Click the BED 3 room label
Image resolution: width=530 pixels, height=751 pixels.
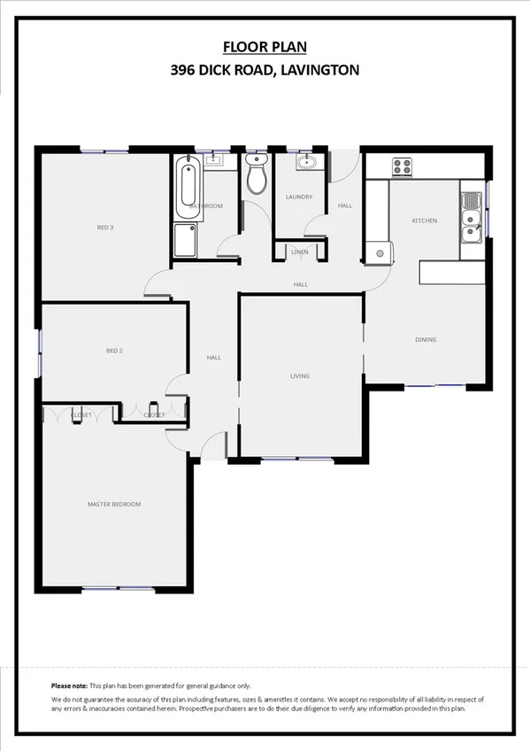105,228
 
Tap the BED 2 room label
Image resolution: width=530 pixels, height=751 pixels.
114,351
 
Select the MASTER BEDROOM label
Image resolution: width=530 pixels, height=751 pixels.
114,504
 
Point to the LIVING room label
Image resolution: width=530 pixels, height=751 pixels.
300,376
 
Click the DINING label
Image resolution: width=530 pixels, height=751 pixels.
426,339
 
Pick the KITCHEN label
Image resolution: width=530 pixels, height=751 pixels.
425,221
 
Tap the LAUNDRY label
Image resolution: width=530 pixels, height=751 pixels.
299,197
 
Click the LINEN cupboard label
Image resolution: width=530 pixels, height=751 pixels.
300,252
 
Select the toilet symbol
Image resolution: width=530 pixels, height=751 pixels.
257,175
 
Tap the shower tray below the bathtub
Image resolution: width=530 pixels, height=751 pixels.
187,240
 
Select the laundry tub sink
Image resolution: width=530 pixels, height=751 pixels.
305,162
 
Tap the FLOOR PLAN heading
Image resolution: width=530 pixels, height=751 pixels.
265,48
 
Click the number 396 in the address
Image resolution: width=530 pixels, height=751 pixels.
183,69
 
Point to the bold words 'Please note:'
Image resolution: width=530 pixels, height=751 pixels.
69,686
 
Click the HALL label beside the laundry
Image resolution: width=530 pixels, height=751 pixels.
345,205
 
